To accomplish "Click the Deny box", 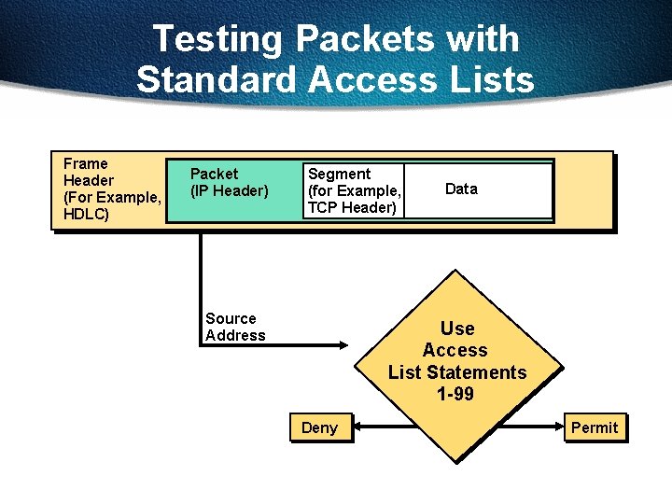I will point(319,427).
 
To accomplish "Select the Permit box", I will point(595,427).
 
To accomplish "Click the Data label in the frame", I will point(461,189).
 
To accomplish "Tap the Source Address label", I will point(235,327).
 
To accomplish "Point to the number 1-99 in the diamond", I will point(455,394).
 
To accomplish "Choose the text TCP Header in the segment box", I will point(352,207).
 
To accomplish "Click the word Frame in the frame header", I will point(85,163).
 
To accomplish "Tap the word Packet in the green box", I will point(214,174).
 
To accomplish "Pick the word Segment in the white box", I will point(339,174).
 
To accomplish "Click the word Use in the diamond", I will point(457,329).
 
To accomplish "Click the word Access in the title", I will point(371,79).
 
